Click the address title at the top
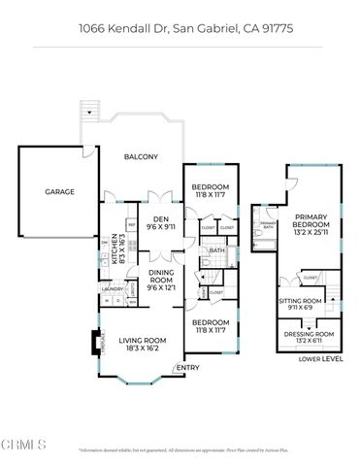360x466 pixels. [x=180, y=29]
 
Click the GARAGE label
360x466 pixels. [x=60, y=192]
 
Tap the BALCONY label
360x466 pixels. [x=140, y=156]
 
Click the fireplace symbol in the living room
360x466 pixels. [x=95, y=343]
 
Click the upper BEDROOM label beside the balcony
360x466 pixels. [x=210, y=190]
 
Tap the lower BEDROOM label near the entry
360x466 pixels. [x=210, y=325]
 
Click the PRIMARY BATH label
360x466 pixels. [x=268, y=226]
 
